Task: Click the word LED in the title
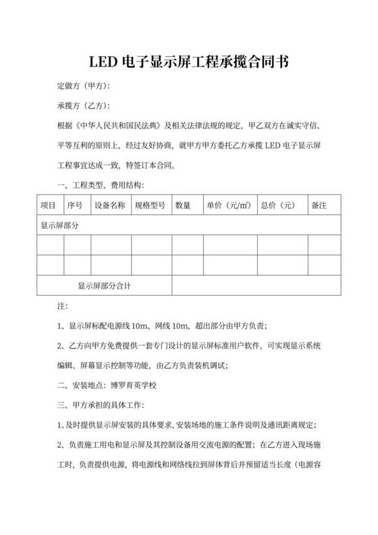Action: click(x=103, y=63)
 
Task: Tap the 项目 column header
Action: click(x=49, y=205)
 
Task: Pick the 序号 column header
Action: click(x=75, y=205)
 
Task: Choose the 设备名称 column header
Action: click(x=109, y=205)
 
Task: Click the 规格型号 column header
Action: click(x=150, y=205)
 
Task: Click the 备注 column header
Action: click(x=319, y=205)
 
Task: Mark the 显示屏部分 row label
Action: click(x=59, y=225)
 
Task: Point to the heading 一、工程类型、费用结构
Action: click(x=101, y=185)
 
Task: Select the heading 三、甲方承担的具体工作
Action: click(x=101, y=405)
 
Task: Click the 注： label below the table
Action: click(x=62, y=306)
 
